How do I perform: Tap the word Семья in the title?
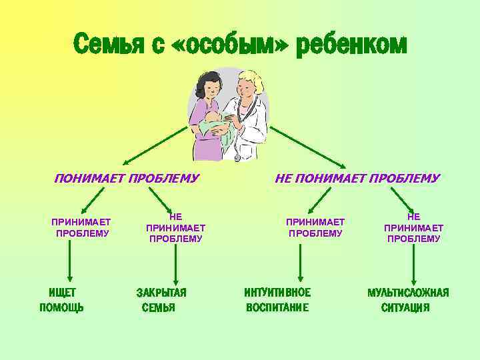click(107, 45)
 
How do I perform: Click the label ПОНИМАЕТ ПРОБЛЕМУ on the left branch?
click(127, 178)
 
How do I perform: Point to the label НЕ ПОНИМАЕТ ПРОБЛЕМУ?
click(357, 178)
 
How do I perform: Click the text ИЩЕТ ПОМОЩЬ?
click(62, 299)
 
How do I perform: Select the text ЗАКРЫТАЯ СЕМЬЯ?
click(161, 299)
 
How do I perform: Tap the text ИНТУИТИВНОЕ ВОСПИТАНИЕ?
click(277, 299)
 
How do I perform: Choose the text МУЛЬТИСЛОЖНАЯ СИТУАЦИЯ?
click(407, 299)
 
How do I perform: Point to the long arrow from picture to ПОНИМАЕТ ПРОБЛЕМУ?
click(157, 144)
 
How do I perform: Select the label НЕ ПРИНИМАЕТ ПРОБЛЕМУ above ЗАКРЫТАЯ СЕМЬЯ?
click(175, 227)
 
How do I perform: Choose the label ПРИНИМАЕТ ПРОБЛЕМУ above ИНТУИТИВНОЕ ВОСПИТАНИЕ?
click(315, 227)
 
